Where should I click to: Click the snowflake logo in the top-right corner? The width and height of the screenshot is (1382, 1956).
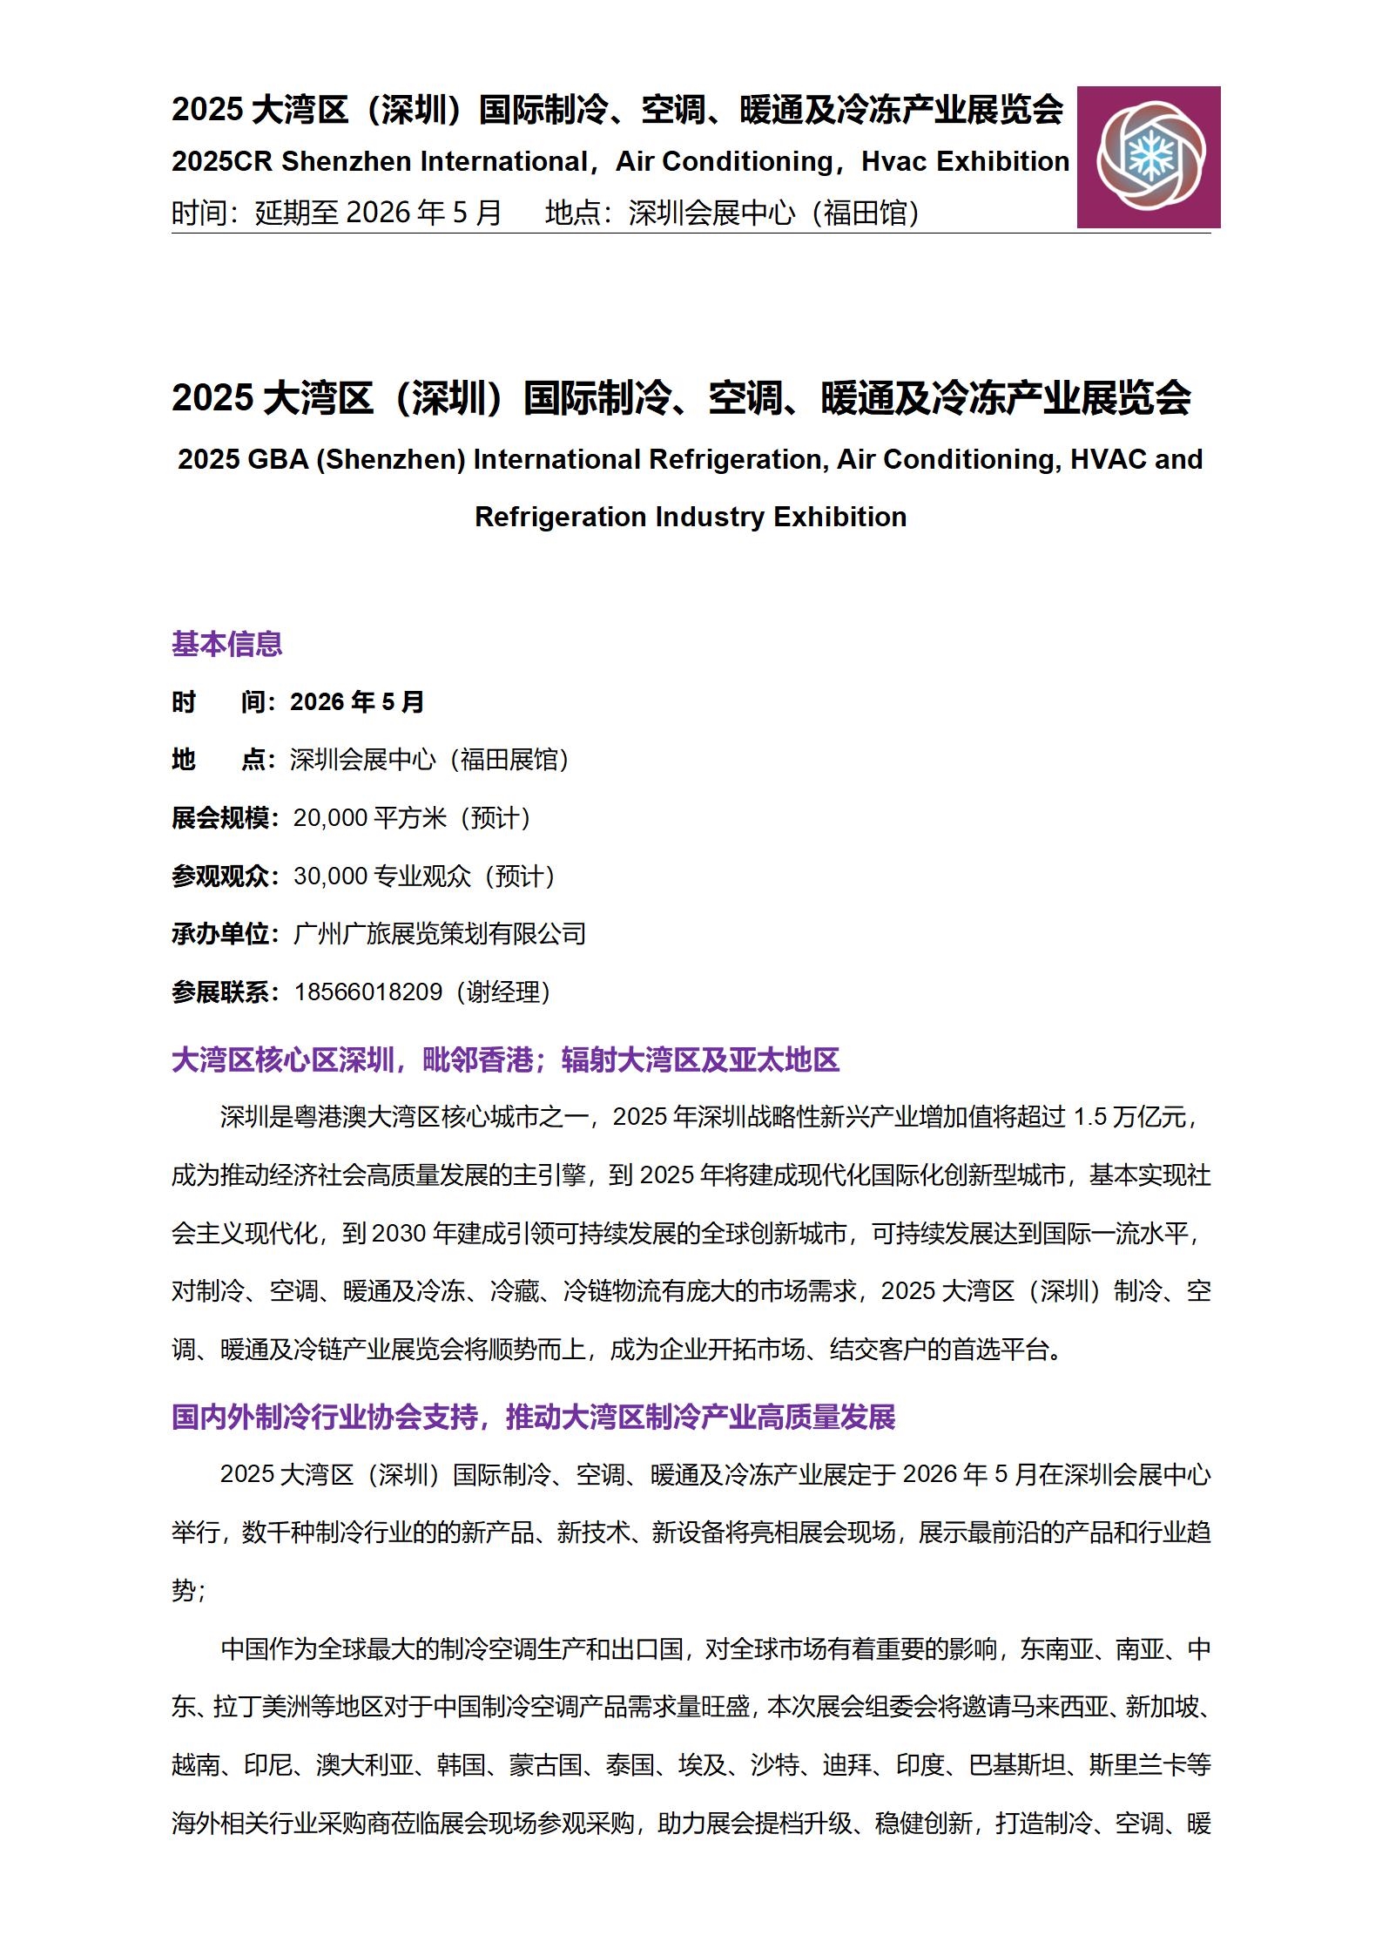point(1148,157)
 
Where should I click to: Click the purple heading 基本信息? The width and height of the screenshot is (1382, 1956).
point(226,644)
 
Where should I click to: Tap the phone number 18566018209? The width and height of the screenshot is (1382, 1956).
point(368,992)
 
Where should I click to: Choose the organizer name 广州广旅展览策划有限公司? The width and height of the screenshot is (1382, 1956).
point(440,934)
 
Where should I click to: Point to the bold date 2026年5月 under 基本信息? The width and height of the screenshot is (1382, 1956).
point(357,702)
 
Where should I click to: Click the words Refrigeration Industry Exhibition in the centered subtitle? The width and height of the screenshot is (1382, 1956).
point(691,517)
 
